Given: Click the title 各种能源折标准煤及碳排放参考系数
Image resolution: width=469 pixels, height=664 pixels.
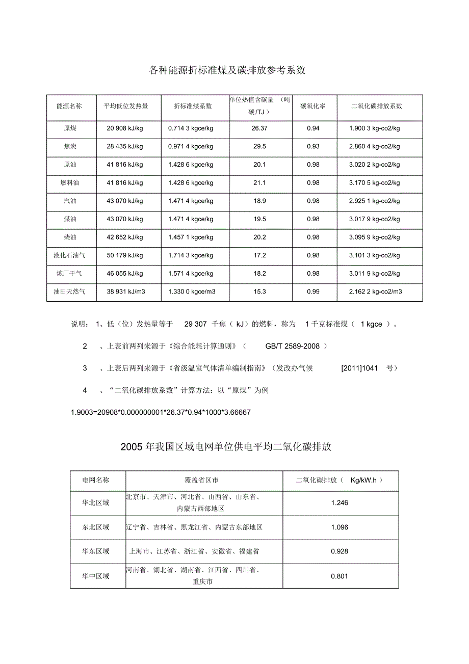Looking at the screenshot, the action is click(x=227, y=70).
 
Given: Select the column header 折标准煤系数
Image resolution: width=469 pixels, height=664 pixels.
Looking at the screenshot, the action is click(x=193, y=106).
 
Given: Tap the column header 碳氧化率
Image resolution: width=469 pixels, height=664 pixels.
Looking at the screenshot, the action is click(x=313, y=106).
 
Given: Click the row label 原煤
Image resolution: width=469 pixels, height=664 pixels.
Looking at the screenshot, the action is click(x=70, y=128).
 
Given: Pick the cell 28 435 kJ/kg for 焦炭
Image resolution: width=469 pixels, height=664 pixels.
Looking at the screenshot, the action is click(x=125, y=146).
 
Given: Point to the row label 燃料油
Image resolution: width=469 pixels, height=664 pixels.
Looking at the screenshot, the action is click(x=70, y=182).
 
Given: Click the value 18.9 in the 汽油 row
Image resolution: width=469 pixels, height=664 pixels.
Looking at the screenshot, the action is click(x=259, y=201).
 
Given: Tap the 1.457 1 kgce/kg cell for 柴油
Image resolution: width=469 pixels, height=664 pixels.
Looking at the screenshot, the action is click(x=191, y=237).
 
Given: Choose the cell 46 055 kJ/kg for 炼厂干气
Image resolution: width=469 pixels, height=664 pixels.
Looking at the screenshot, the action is click(x=125, y=274).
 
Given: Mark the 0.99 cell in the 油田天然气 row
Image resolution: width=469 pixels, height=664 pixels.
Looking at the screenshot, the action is click(x=313, y=291).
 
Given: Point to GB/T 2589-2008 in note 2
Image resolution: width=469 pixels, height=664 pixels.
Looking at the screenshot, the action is click(x=292, y=347).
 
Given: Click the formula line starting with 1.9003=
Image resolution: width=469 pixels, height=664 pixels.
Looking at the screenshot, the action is click(x=160, y=412).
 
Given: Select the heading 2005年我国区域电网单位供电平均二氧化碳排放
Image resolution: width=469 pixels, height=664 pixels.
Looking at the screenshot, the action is click(x=226, y=447).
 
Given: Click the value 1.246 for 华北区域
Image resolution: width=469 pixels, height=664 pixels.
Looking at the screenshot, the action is click(x=340, y=503).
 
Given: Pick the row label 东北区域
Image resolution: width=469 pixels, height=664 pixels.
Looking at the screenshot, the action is click(x=96, y=527).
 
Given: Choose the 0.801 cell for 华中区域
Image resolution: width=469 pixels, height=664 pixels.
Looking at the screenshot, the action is click(x=340, y=576).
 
